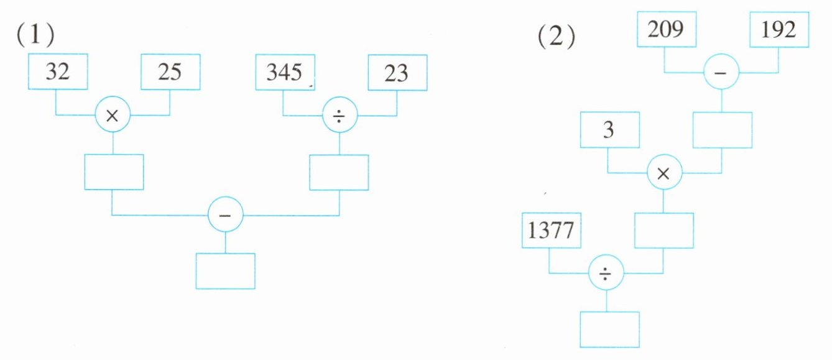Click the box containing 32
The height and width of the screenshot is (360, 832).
point(57,72)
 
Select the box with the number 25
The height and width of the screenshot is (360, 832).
point(170,72)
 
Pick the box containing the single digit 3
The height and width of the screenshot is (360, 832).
point(608,130)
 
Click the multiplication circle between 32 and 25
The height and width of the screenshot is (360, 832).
point(113,116)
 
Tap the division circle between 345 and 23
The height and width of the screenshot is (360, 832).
point(339,116)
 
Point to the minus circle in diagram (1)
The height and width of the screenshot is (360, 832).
point(225,215)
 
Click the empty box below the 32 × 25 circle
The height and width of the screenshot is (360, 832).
point(114,172)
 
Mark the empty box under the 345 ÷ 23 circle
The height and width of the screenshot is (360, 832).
point(339,172)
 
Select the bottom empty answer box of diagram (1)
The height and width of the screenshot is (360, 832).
point(225,270)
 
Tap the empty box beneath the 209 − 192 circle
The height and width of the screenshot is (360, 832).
point(722,130)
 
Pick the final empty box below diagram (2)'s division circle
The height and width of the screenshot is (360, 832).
point(609,329)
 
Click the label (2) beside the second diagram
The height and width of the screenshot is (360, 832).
point(555,39)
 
